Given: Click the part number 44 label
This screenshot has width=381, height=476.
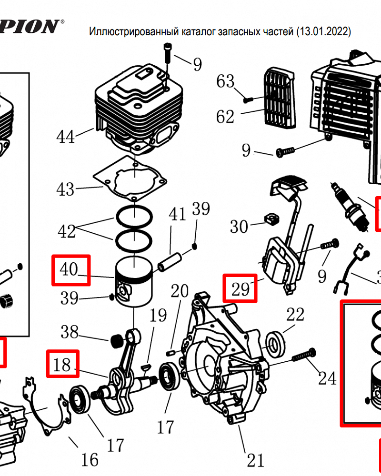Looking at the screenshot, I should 65,137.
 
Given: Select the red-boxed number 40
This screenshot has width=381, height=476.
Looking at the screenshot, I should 70,269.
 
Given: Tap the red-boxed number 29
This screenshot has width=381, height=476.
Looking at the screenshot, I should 241,288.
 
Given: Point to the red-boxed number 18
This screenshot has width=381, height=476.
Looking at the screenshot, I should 63,365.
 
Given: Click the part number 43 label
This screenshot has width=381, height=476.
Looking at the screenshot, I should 65,189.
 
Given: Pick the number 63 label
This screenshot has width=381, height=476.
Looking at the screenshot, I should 226,81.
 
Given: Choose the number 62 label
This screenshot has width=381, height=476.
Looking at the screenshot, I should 226,116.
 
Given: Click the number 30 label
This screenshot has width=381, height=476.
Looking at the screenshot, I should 239,226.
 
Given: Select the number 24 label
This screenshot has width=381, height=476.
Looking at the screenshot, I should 327,379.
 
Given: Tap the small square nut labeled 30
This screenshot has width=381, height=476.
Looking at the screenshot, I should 271,218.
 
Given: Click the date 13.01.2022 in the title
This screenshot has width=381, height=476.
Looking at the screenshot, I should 323,32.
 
